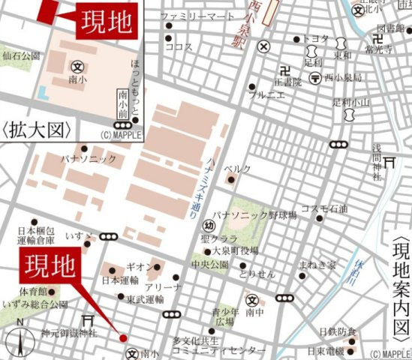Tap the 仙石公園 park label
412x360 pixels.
(21, 55)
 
